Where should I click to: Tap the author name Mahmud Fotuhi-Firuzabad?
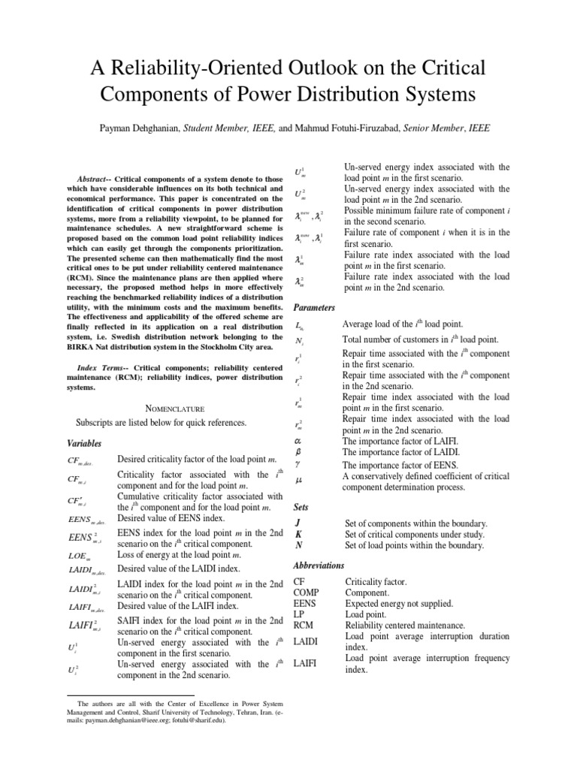point(358,128)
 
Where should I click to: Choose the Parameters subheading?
point(316,308)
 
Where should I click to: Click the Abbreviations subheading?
point(319,565)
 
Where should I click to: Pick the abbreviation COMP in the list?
point(307,593)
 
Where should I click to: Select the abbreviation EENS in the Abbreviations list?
point(305,603)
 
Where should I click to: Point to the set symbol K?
point(299,534)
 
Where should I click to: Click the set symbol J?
point(298,523)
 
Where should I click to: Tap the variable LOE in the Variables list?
point(78,556)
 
